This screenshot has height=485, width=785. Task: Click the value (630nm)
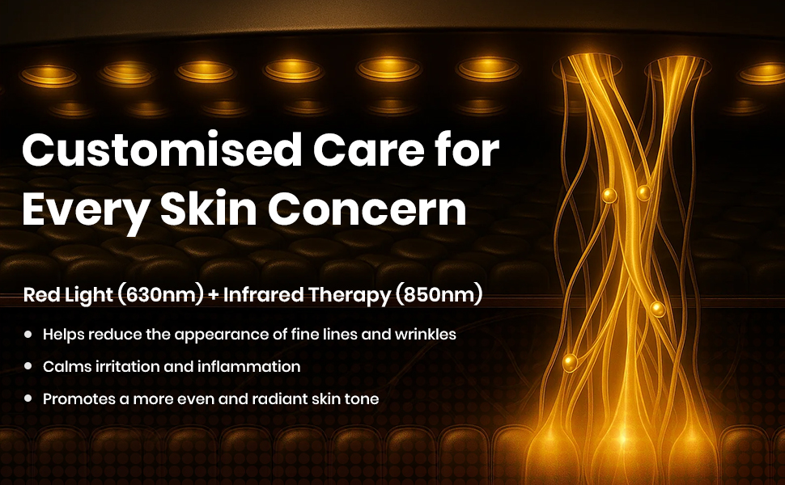click(160, 295)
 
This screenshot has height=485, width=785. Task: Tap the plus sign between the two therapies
click(214, 296)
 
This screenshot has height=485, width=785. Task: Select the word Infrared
click(262, 295)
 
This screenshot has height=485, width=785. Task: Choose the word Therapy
click(350, 296)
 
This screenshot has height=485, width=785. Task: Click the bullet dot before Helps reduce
click(29, 333)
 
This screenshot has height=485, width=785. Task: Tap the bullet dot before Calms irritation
click(29, 366)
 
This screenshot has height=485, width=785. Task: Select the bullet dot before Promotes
click(29, 399)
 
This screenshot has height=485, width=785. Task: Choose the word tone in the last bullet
click(362, 399)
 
